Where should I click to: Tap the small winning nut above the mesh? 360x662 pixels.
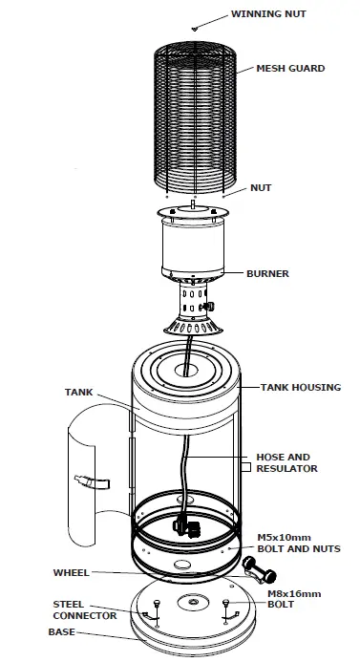point(196,30)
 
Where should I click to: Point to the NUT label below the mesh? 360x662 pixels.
point(260,188)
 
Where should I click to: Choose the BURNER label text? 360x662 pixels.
point(267,274)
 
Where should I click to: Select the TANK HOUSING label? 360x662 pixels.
point(300,387)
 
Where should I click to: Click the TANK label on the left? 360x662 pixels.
point(79,392)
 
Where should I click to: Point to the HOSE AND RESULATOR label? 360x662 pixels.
point(286,462)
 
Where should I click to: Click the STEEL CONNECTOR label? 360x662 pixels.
point(85,610)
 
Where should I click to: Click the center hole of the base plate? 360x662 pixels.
point(193,605)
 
